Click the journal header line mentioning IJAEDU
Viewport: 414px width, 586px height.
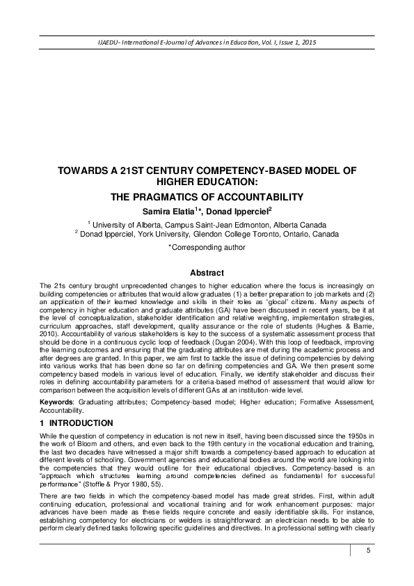[207, 44]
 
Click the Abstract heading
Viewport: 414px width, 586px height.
[207, 273]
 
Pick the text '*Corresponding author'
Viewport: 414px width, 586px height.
[207, 246]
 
